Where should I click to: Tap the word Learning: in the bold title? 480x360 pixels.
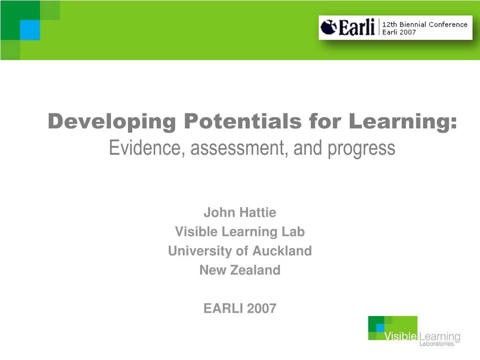point(403,122)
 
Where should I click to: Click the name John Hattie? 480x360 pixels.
point(240,213)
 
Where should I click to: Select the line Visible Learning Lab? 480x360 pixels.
point(240,232)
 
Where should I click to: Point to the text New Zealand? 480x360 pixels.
point(240,270)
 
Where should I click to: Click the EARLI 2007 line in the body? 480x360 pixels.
point(240,308)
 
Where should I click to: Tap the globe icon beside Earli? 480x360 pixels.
point(328,28)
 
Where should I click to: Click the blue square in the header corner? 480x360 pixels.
point(30,30)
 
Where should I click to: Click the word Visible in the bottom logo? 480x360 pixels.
point(400,337)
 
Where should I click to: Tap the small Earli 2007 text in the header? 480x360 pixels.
point(399,32)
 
